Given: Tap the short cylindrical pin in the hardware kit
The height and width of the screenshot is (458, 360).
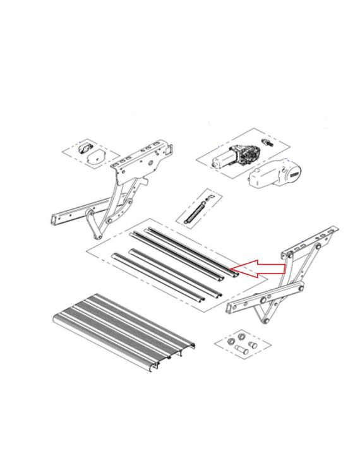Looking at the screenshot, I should (239, 348).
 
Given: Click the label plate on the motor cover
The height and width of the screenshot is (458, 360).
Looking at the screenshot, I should (294, 172).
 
